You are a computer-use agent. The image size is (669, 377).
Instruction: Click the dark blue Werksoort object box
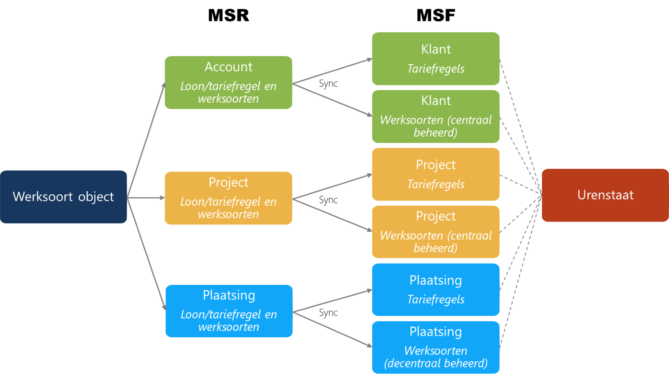pyautogui.click(x=64, y=197)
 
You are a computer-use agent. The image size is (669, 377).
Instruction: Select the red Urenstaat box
pyautogui.click(x=605, y=195)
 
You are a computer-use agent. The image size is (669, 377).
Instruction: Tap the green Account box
pyautogui.click(x=228, y=83)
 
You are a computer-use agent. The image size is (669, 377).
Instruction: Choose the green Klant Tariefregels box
pyautogui.click(x=436, y=59)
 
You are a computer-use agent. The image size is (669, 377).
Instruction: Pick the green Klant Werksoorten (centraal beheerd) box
pyautogui.click(x=436, y=116)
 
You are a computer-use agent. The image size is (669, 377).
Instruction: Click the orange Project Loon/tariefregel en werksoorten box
pyautogui.click(x=228, y=198)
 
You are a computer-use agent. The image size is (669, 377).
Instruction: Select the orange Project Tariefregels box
pyautogui.click(x=436, y=174)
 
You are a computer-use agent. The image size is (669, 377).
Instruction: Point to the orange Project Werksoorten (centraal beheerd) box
pyautogui.click(x=436, y=232)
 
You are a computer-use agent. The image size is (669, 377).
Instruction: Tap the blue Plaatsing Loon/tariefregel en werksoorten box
pyautogui.click(x=229, y=311)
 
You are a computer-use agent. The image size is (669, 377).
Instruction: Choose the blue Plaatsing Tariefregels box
pyautogui.click(x=436, y=289)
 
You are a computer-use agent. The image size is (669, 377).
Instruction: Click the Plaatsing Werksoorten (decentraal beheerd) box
pyautogui.click(x=436, y=347)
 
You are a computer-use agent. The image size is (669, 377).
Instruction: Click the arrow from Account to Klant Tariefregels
pyautogui.click(x=332, y=72)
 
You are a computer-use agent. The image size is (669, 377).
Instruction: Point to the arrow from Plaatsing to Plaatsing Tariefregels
pyautogui.click(x=332, y=301)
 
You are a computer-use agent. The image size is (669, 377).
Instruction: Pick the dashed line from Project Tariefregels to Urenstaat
pyautogui.click(x=521, y=185)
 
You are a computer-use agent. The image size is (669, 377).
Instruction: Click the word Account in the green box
pyautogui.click(x=228, y=67)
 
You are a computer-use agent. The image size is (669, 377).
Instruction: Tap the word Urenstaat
pyautogui.click(x=605, y=195)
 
